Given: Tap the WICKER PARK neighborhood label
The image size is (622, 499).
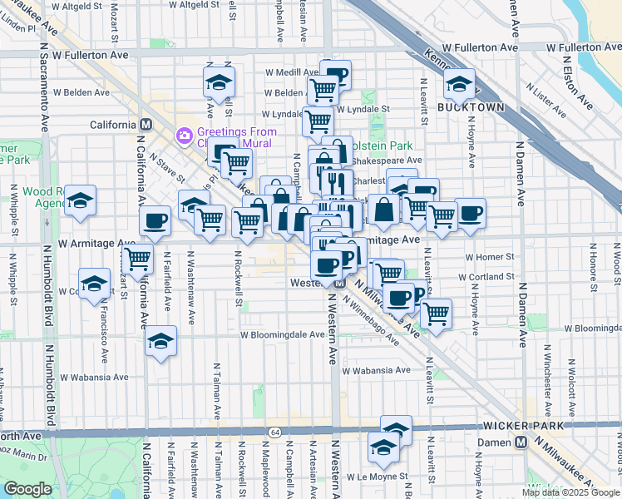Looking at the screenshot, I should coord(521,426).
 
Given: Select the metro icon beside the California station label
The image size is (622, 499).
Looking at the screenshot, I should coord(146,124).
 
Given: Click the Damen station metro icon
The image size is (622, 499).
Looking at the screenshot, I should coord(521,442).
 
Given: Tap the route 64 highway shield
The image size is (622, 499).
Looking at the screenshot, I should coord(274,432).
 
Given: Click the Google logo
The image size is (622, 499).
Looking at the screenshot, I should coord(27,489).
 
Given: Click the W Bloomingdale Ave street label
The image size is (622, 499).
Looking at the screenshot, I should coord(283,334).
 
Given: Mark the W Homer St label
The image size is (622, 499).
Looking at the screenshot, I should coord(491,258).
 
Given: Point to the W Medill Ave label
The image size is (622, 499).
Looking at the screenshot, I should coord(290,72).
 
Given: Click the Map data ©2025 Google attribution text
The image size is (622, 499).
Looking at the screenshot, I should coord(570,492).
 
